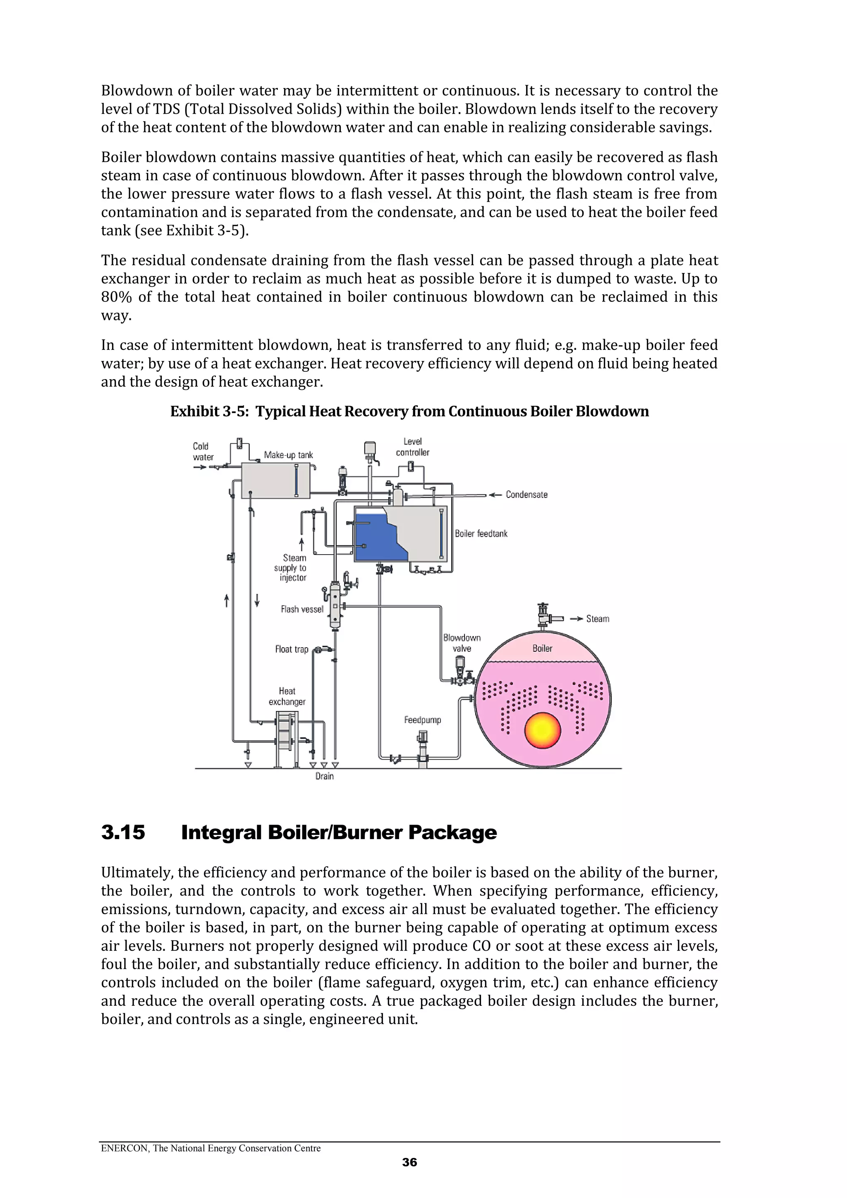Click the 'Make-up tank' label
(288, 455)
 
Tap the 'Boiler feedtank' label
(481, 533)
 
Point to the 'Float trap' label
(292, 649)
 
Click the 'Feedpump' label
(422, 720)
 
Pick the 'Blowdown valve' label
(462, 643)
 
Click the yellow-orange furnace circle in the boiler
(542, 730)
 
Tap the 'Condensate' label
(526, 495)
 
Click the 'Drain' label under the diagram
(324, 776)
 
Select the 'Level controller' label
(412, 447)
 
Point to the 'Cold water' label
(203, 451)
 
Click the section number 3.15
(123, 832)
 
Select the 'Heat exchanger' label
(287, 696)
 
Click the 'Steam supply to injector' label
(293, 568)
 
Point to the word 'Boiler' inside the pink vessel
(542, 648)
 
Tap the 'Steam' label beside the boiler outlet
(597, 619)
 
